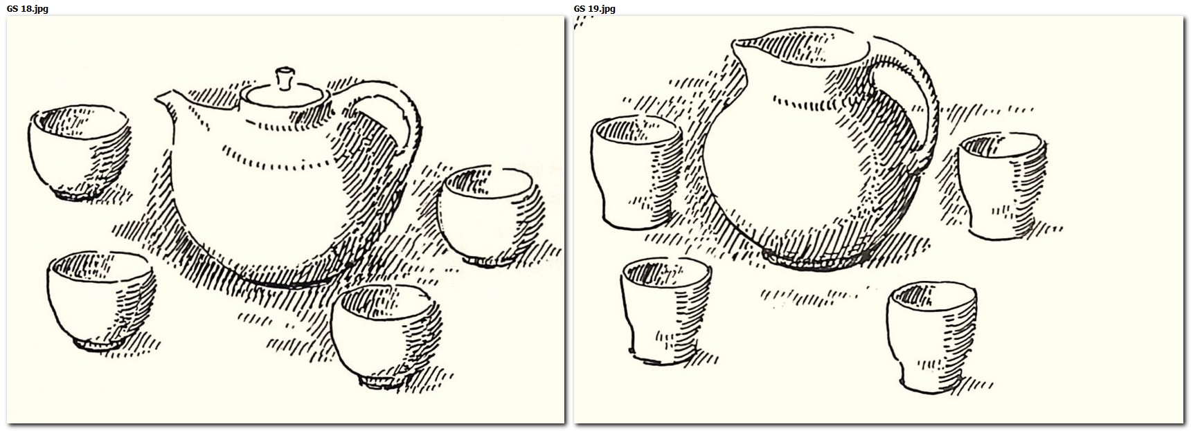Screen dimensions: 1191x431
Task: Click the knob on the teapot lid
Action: [284, 78]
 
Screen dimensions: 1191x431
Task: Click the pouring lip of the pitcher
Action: [744, 48]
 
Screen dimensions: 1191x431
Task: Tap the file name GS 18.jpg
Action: [27, 8]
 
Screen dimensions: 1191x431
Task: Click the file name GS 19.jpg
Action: [594, 8]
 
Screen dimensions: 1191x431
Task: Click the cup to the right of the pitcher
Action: [1001, 185]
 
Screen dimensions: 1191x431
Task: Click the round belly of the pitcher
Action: [810, 173]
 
